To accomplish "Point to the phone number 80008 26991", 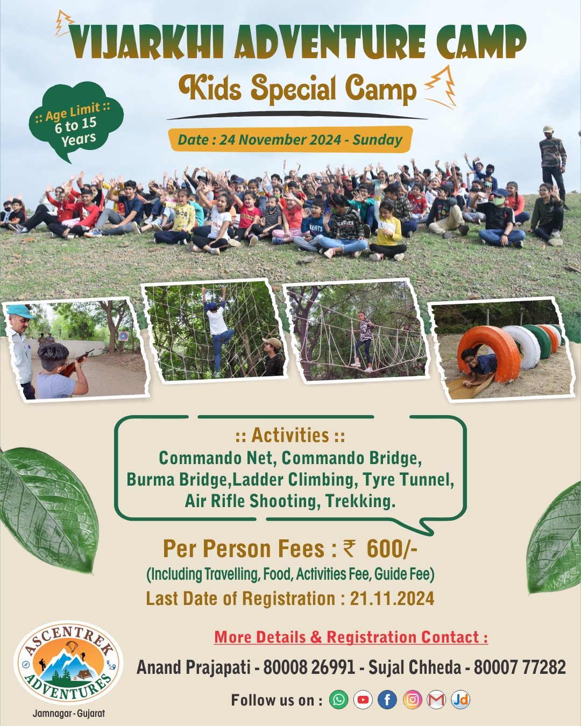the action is pyautogui.click(x=309, y=667).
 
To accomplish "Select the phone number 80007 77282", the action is pyautogui.click(x=520, y=667).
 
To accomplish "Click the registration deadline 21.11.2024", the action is pyautogui.click(x=392, y=599).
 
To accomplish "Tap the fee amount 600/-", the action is pyautogui.click(x=392, y=549).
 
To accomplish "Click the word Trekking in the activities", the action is pyautogui.click(x=360, y=501).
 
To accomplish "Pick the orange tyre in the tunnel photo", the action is pyautogui.click(x=489, y=354).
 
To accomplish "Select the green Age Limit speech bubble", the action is pyautogui.click(x=76, y=121).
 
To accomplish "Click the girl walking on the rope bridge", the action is pyautogui.click(x=364, y=341).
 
